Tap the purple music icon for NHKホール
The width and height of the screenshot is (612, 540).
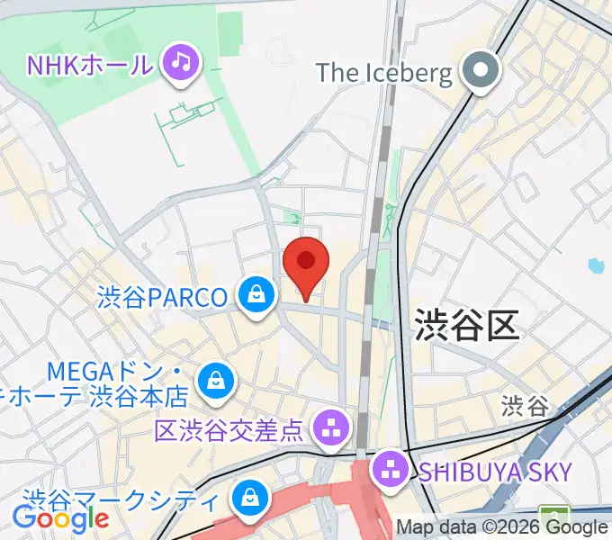[x=182, y=62]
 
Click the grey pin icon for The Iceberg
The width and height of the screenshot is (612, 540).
[x=481, y=71]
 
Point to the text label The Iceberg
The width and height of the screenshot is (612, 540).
[x=384, y=73]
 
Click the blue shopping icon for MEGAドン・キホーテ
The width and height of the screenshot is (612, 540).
[x=216, y=380]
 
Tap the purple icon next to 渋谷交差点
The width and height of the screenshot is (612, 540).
[x=331, y=427]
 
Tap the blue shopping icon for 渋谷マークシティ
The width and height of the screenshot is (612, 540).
[x=247, y=496]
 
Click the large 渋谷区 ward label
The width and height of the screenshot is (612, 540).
[x=467, y=325]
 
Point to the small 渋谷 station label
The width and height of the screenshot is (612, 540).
[x=525, y=405]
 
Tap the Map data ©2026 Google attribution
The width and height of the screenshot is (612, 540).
[x=502, y=527]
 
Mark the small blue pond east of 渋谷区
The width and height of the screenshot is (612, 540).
[x=593, y=265]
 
